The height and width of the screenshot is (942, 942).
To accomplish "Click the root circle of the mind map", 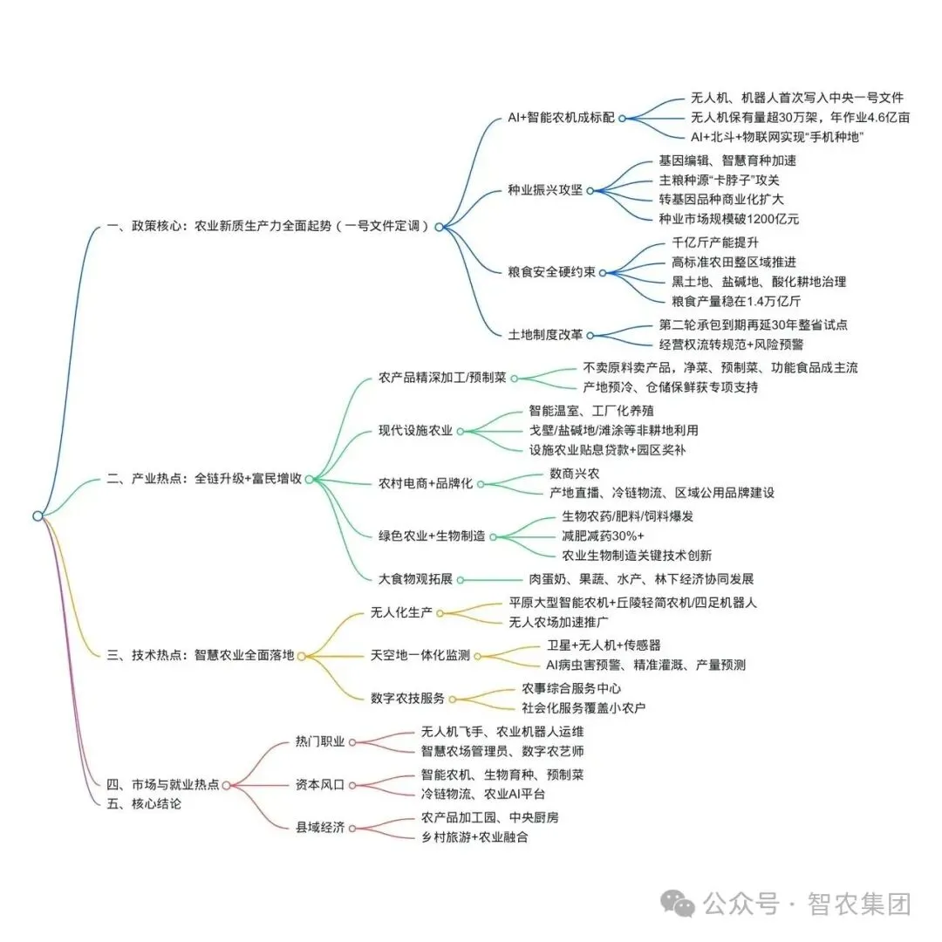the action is [38, 515].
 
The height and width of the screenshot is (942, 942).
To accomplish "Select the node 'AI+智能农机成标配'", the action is [561, 117].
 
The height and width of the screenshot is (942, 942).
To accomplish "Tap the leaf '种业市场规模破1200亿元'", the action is [729, 218].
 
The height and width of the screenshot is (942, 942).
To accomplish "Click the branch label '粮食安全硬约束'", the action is [552, 272].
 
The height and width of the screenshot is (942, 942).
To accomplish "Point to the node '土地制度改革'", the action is [545, 335].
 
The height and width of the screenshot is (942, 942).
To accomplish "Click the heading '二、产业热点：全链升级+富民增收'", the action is [204, 478].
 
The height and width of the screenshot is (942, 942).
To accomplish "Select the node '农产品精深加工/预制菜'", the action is [442, 378].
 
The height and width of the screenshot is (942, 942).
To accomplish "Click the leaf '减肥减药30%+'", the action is [603, 536].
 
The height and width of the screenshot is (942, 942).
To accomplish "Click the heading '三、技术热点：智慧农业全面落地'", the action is [201, 656].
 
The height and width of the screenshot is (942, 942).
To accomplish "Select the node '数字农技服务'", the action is [408, 698].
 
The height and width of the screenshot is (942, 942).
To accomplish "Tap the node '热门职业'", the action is [320, 741].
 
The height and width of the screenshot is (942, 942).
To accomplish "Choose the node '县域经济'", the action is [320, 827].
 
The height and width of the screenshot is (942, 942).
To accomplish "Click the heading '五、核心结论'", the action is [144, 804].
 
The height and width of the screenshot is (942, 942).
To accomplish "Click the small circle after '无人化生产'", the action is [440, 613].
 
